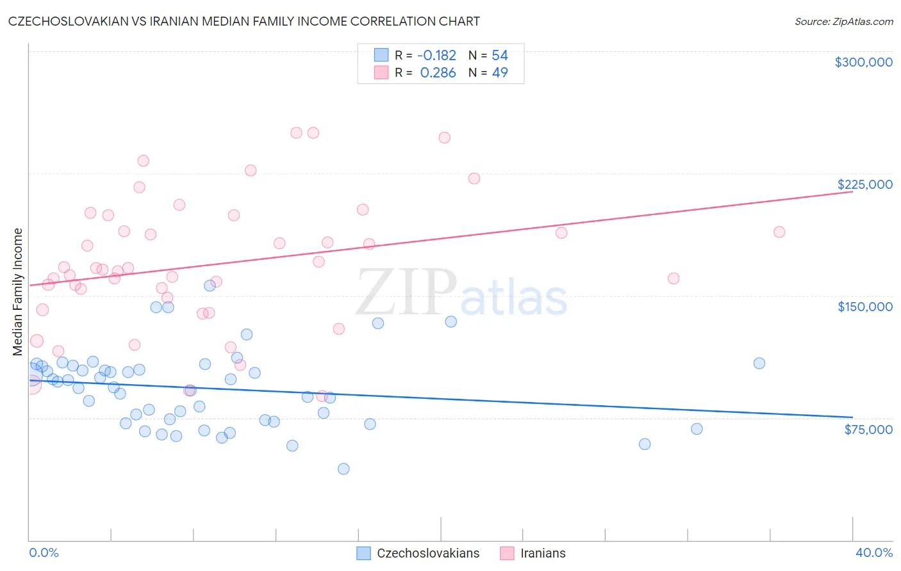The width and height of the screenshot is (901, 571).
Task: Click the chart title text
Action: (x=244, y=21)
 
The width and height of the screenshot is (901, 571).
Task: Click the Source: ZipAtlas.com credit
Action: (x=843, y=22)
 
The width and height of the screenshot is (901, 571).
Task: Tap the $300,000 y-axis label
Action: (x=863, y=62)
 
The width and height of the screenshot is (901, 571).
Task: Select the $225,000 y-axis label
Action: (x=864, y=184)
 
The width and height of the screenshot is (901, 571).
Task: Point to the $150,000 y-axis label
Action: (x=864, y=307)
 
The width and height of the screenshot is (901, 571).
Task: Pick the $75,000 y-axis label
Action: (x=868, y=430)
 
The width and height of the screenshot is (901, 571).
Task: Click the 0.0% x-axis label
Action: (x=44, y=552)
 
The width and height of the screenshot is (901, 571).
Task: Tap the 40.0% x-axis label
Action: (x=873, y=552)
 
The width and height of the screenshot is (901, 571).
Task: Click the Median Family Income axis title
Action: (x=18, y=292)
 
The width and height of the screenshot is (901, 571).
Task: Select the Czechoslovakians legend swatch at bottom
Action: (x=364, y=553)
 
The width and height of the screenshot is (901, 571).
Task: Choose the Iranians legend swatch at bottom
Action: (x=508, y=553)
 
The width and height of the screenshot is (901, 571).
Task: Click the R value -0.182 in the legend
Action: (x=436, y=56)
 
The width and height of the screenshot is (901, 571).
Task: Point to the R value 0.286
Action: (x=438, y=73)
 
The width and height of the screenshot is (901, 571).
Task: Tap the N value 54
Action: (x=500, y=56)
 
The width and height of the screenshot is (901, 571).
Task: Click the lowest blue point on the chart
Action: (x=343, y=469)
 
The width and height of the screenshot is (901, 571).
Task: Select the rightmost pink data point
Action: (x=779, y=232)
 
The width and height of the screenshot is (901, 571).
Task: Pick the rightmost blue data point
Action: (x=759, y=363)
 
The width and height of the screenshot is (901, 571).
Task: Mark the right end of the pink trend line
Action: (x=852, y=191)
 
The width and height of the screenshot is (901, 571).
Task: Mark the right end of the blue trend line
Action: (x=852, y=417)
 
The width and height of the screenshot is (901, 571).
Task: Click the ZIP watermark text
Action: (x=406, y=293)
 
